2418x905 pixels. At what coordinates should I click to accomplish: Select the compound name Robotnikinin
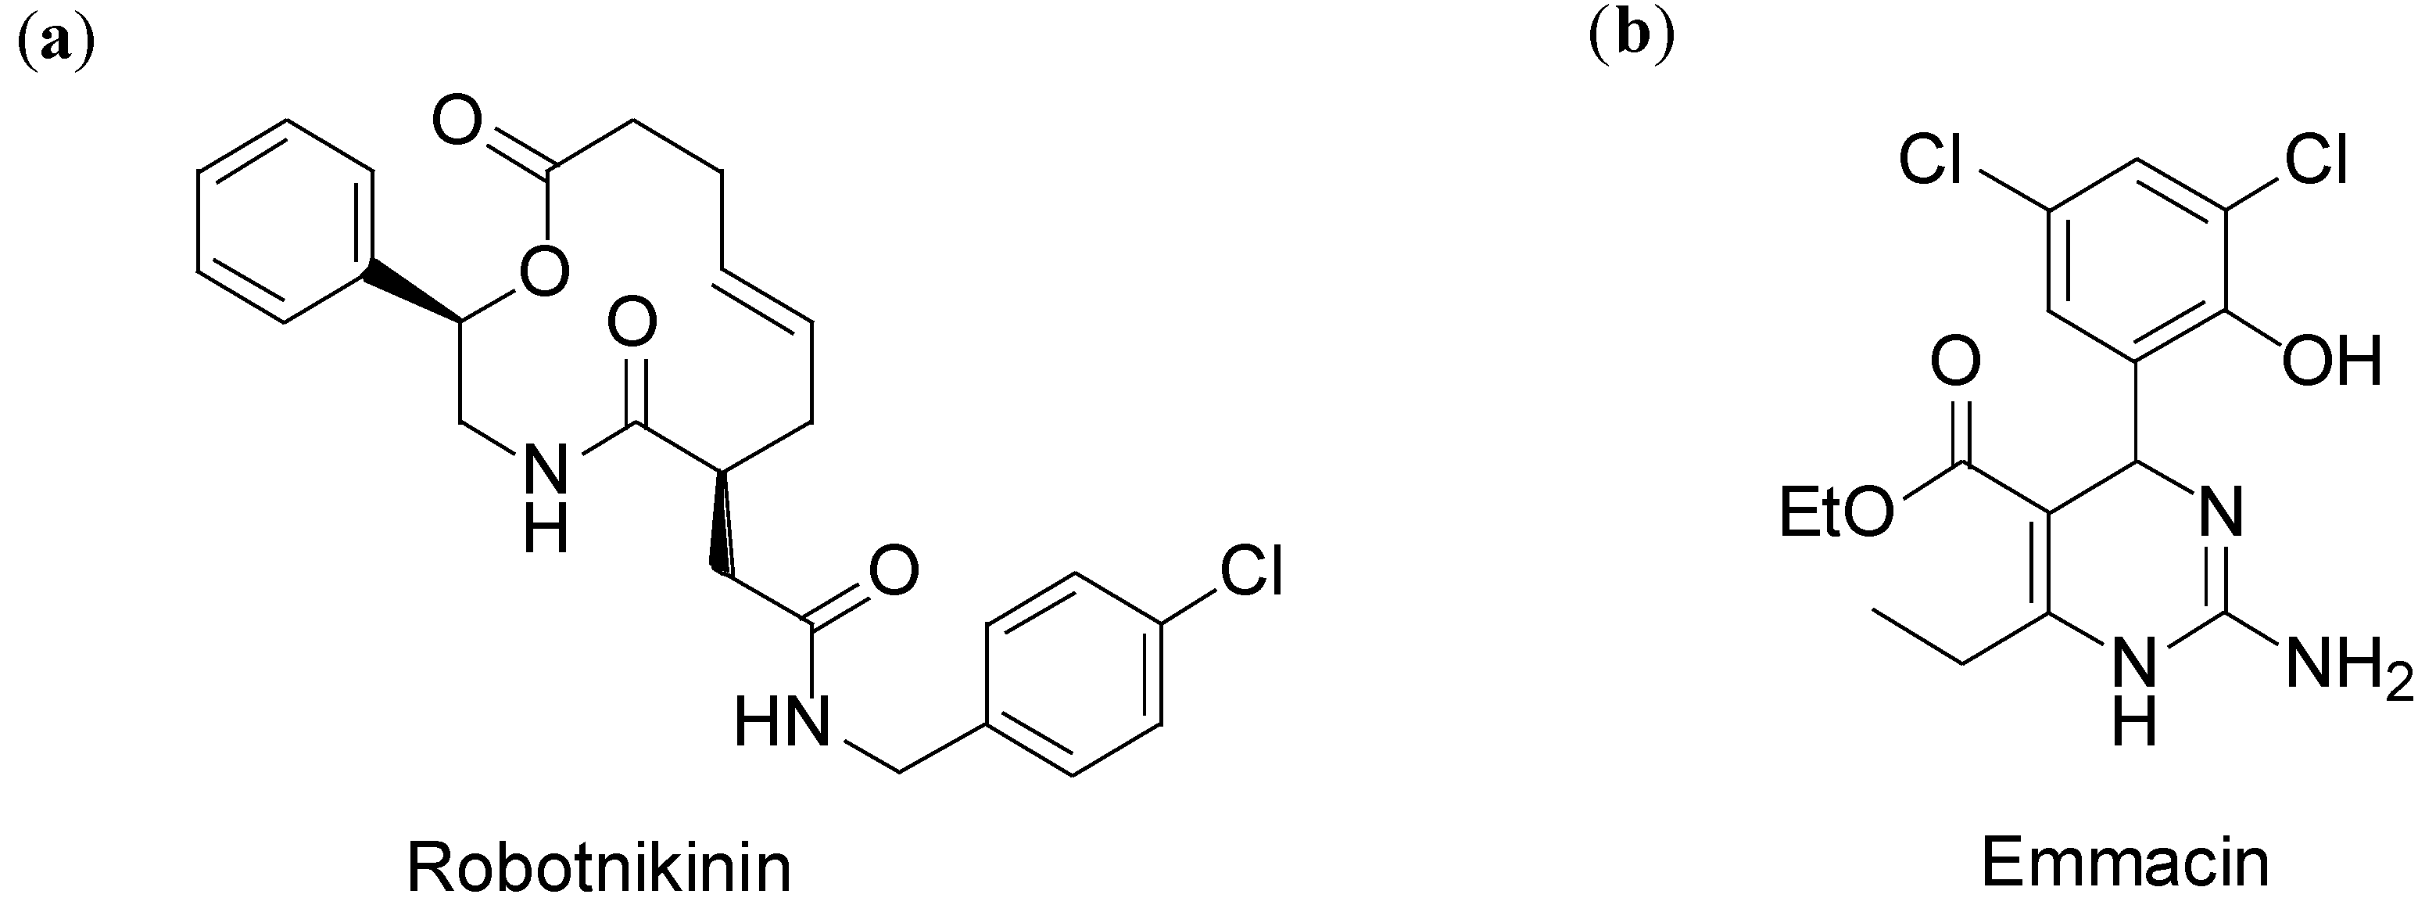599,867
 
